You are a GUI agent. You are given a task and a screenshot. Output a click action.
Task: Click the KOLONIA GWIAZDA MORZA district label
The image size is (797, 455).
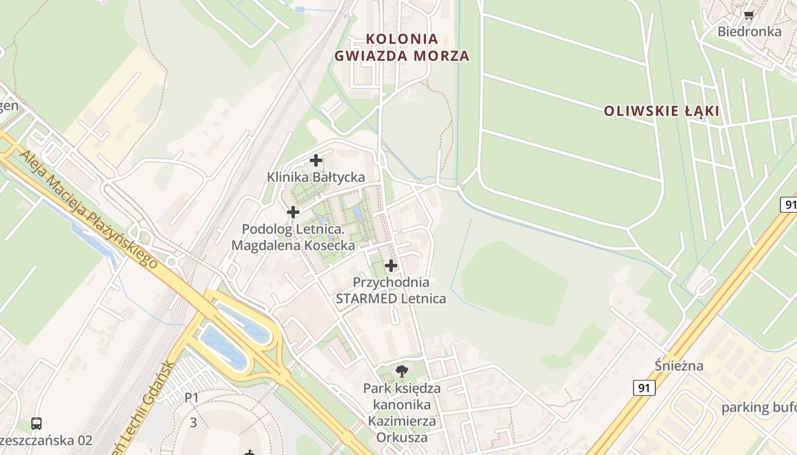coord(402,47)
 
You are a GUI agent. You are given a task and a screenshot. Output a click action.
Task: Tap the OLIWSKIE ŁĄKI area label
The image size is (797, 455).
coord(662,111)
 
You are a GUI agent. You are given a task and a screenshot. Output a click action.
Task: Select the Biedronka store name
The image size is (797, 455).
coord(749,31)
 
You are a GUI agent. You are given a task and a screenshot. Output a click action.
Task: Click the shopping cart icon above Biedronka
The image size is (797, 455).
coord(749,15)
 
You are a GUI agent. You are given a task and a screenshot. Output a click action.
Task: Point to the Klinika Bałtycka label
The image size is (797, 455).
coord(316,177)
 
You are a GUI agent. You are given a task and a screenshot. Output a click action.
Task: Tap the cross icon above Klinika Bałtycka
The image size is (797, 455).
coord(316,160)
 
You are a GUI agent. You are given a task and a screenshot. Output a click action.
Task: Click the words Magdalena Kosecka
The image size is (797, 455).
coord(293,246)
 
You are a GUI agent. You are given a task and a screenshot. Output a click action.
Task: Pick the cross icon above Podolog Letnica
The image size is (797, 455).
coord(293,212)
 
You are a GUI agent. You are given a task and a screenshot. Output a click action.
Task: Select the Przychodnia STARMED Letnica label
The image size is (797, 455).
coord(391,290)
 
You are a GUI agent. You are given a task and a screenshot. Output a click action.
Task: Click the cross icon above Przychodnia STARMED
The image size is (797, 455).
coord(391,265)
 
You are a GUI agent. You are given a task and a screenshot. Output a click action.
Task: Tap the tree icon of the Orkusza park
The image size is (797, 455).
coord(402,371)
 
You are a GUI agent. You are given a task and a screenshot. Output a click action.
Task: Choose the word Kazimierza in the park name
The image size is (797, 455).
coord(402,421)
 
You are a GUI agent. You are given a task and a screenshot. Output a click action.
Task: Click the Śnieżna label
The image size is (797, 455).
coord(679,365)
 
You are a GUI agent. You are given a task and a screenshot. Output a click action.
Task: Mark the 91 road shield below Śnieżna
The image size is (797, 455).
coord(644,388)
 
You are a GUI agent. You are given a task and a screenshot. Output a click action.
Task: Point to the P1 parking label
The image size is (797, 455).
coord(192,398)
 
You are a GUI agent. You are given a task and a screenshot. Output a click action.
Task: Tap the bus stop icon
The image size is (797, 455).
coord(36,424)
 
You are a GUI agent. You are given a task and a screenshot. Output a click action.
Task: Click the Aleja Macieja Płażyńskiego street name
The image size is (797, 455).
coord(88,208)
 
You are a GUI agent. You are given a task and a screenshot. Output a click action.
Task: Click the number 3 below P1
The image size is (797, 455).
coord(194,423)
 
